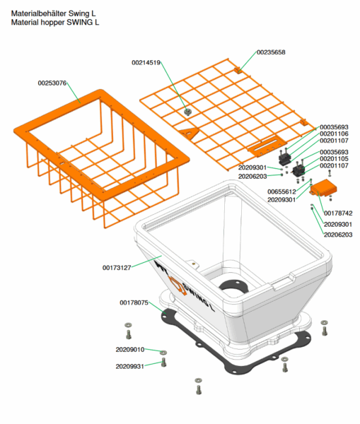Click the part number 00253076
coord(52,83)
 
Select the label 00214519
coord(146,63)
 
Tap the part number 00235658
coord(271,52)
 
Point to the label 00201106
coord(334,134)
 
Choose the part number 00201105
coord(334,159)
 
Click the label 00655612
coord(281,192)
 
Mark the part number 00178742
coord(338,213)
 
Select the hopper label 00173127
coord(117,268)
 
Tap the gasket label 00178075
coord(134,302)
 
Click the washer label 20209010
coord(130,350)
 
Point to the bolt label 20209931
coord(130,366)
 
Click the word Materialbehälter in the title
coord(39,13)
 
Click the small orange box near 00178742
coord(323,188)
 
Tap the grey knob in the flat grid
coord(187,112)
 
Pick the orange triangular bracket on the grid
coord(189,133)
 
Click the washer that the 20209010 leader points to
coord(163,353)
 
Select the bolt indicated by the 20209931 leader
coord(163,363)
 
